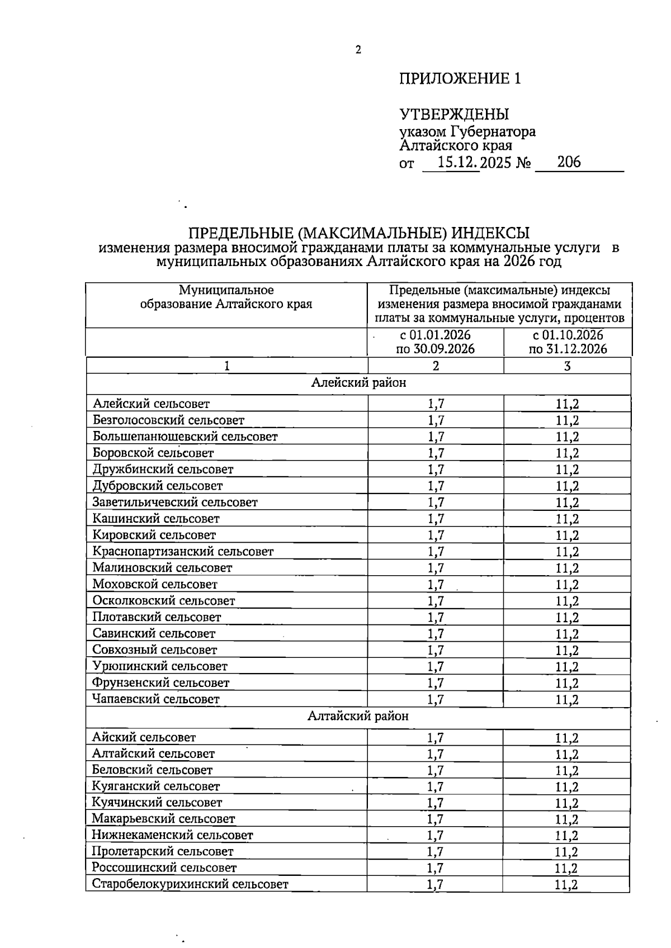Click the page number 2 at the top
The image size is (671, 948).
click(358, 50)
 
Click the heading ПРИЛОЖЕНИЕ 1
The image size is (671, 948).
click(460, 79)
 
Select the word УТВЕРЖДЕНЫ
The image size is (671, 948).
click(453, 115)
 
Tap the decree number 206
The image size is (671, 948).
click(569, 162)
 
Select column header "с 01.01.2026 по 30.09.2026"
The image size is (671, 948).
click(435, 342)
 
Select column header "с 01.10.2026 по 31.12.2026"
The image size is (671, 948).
click(568, 342)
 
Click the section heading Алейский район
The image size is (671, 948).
click(358, 383)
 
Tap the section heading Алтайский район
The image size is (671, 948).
click(358, 716)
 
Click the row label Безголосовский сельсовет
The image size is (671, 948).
click(168, 420)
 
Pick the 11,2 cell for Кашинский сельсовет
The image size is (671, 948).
click(567, 519)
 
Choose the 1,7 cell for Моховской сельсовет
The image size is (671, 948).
click(436, 585)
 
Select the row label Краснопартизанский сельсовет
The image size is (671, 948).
click(183, 552)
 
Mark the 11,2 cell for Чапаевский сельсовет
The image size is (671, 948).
click(567, 699)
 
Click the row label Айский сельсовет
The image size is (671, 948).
click(144, 737)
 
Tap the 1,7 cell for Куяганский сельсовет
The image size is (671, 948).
click(435, 786)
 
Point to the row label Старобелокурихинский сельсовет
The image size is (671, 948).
click(190, 884)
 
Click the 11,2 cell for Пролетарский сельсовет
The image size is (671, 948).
click(566, 852)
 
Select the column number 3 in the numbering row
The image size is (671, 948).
click(567, 366)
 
